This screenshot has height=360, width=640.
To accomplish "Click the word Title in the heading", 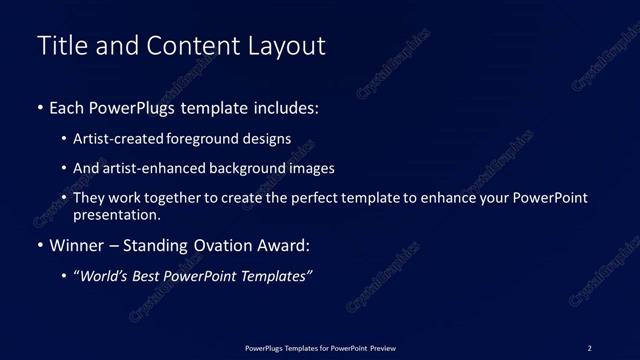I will click(x=62, y=46).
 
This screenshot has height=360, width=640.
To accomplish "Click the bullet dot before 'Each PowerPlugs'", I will click(x=39, y=107).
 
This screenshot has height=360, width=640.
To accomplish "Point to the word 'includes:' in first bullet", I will click(x=288, y=107).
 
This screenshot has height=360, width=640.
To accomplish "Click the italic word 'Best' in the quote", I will click(x=152, y=277).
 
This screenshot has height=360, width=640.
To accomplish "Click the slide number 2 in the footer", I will click(x=589, y=347).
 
